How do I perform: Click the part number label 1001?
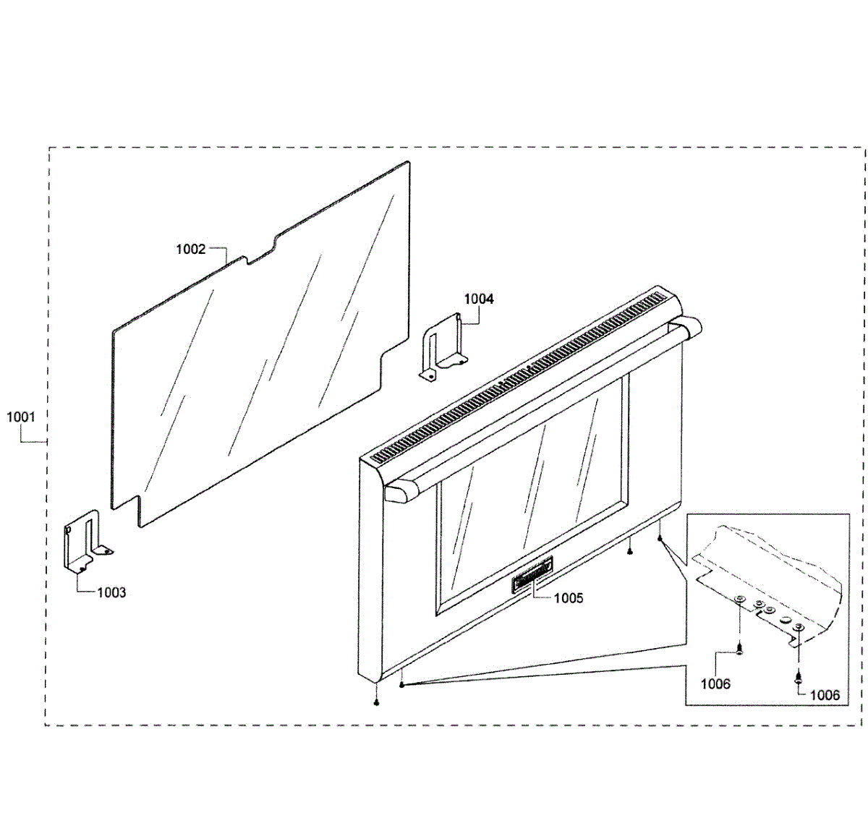(21, 417)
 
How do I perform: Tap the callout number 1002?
(191, 250)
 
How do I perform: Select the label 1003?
(111, 592)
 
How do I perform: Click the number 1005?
(569, 598)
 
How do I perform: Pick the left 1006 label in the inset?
(715, 683)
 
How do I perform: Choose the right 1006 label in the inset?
(825, 695)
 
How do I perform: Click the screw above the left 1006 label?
(740, 648)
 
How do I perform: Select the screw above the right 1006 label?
(797, 678)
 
